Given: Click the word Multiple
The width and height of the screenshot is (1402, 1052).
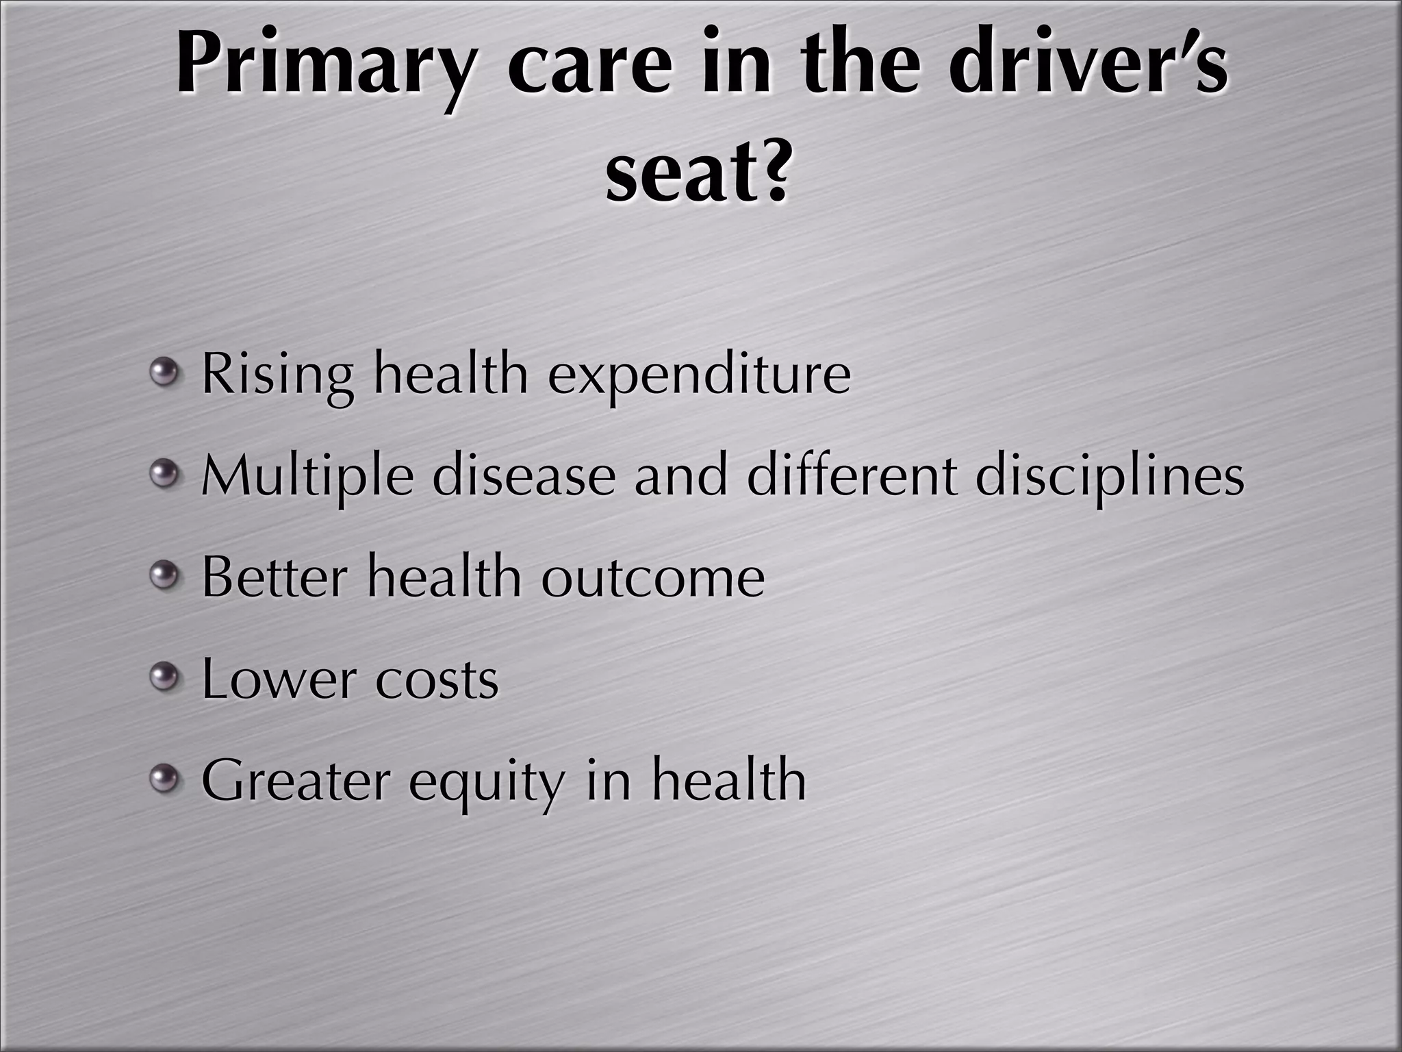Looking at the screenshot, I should (x=308, y=477).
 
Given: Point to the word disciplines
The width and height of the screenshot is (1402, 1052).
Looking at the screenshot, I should (x=1109, y=477).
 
